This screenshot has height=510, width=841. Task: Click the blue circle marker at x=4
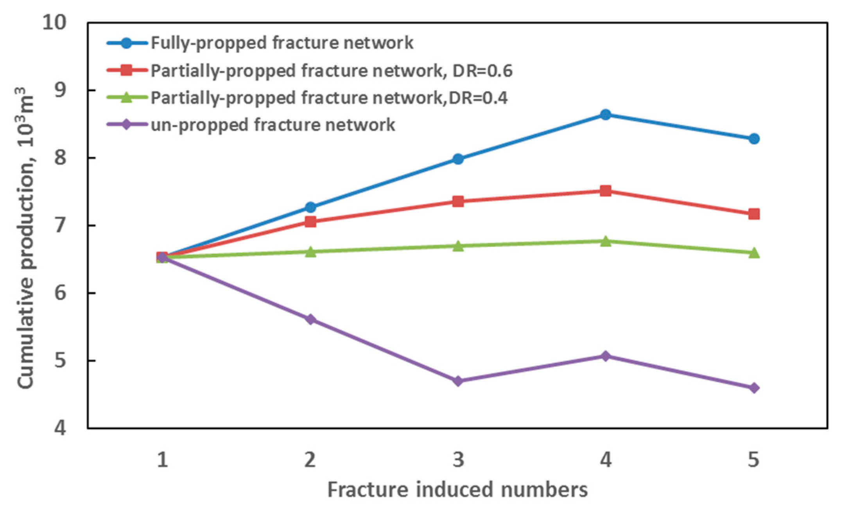(x=605, y=115)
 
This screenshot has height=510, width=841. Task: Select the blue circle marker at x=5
(x=754, y=139)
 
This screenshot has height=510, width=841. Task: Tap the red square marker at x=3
(x=458, y=202)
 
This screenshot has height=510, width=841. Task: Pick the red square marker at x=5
(x=754, y=214)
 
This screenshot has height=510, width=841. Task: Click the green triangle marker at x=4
(x=605, y=241)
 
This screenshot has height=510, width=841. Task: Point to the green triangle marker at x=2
(x=310, y=252)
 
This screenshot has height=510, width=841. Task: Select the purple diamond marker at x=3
(x=458, y=381)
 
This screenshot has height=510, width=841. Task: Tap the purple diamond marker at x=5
(x=754, y=388)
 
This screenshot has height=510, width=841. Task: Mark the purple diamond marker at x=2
(x=310, y=320)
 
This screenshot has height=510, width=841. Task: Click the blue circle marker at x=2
(x=310, y=207)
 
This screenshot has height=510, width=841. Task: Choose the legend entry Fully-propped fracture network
(x=282, y=43)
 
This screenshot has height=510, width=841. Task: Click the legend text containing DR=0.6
(x=331, y=71)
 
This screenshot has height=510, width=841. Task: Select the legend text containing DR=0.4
(x=329, y=98)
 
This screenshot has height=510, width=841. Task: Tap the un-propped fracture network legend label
(x=273, y=125)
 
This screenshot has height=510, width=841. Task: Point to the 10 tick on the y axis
(x=54, y=22)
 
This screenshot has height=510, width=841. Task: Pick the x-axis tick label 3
(x=458, y=460)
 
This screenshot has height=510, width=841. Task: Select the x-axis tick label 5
(x=753, y=460)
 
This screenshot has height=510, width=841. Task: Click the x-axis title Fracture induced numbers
(x=457, y=490)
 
